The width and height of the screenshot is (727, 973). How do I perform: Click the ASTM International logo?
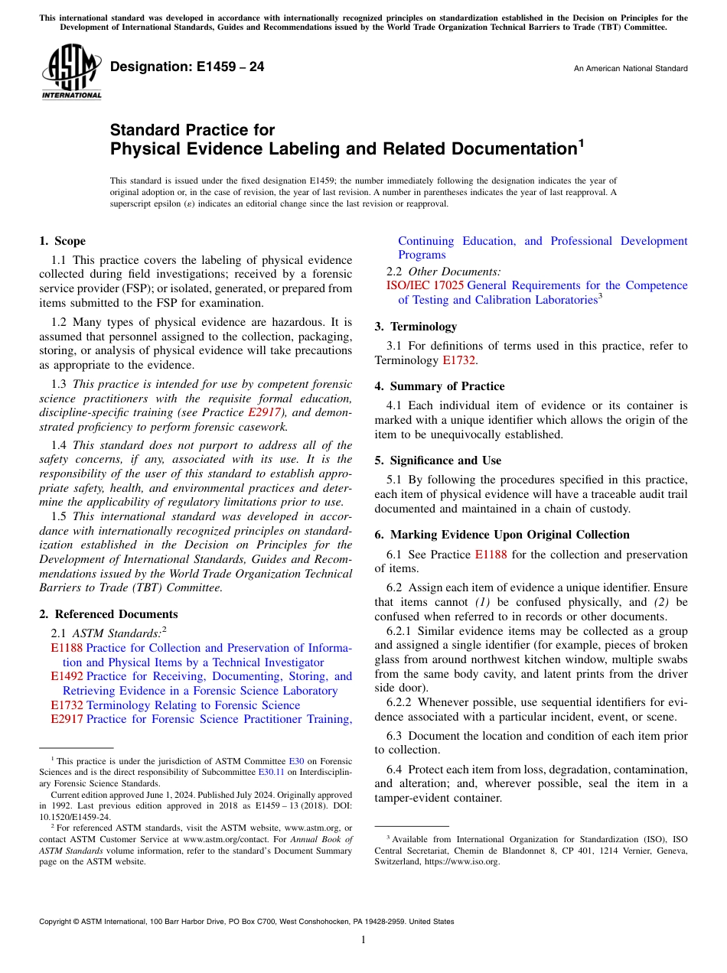coord(71,72)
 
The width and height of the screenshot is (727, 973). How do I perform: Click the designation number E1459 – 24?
coord(187,67)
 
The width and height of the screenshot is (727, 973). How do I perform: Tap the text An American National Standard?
coord(631,69)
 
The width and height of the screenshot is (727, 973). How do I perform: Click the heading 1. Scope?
coord(63,241)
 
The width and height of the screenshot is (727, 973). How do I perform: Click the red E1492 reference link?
coord(67,676)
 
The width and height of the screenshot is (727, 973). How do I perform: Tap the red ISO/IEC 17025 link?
coord(425,285)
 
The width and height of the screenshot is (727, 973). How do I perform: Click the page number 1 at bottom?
coord(363,940)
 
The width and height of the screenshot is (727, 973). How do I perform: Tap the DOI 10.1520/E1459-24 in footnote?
coord(74,816)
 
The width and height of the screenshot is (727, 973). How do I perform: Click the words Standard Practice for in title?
coord(192,130)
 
